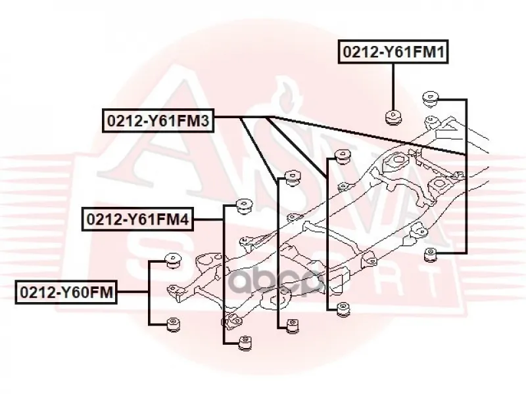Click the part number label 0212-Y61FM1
[393, 52]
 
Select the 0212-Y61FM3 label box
[158, 121]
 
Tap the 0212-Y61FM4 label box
[138, 219]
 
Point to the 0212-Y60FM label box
[66, 292]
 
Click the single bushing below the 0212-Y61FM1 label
[393, 118]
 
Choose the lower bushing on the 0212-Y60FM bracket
[173, 324]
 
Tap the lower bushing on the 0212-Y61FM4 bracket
[245, 342]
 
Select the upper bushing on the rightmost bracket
[431, 99]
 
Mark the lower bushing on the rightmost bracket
[431, 255]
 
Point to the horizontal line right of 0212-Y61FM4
[208, 219]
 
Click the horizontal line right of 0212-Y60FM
[133, 292]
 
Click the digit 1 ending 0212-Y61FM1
[440, 52]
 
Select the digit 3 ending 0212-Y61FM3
[204, 121]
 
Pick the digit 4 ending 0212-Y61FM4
[184, 219]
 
